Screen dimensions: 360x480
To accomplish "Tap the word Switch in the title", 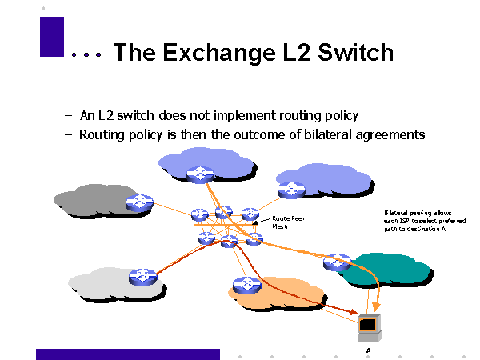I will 356,53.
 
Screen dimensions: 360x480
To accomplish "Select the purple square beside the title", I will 51,37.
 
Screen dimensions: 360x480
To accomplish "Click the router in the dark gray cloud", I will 140,202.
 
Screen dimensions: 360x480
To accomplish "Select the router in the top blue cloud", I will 198,174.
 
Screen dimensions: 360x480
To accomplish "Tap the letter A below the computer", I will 369,350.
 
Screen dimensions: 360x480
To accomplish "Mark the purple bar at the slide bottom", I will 128,354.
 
